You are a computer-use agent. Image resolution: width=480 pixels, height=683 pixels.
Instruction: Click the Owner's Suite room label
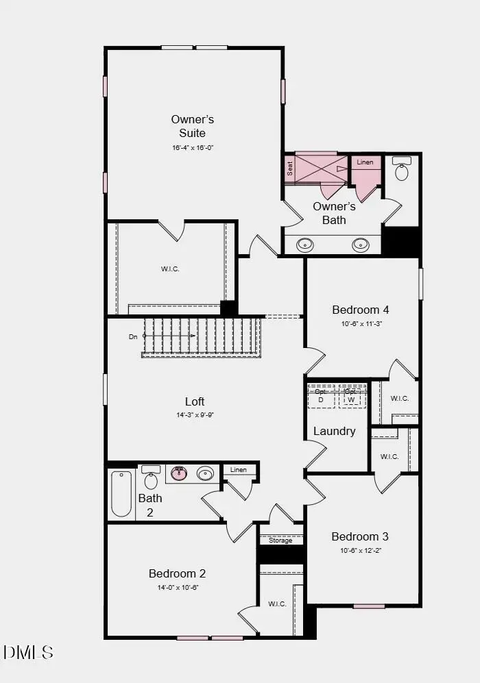192,126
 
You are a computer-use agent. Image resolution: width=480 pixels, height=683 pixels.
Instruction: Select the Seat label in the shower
290,169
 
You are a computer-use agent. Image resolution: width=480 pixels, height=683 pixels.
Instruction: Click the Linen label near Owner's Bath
365,162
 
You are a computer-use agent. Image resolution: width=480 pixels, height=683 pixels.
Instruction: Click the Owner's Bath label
334,213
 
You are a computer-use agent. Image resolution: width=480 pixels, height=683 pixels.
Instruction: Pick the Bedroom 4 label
361,310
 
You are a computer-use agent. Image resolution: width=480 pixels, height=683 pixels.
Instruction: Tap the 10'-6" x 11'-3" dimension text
361,324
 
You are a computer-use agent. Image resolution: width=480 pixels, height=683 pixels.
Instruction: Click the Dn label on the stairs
133,337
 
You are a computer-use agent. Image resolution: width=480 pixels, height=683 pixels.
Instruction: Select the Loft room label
195,401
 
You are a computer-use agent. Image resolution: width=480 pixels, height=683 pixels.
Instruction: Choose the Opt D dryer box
320,397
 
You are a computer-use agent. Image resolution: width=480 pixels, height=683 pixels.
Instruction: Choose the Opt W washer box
350,397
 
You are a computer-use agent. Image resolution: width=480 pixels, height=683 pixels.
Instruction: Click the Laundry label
335,431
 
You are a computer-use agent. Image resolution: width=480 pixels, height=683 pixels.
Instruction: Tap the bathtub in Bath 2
121,493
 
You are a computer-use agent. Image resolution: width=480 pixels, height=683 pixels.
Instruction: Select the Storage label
280,541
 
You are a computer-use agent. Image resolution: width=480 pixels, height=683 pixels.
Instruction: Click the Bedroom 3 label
360,536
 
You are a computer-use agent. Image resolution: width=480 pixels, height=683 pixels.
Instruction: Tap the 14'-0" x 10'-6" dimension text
177,588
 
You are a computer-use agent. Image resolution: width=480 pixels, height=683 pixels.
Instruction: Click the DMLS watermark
28,652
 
